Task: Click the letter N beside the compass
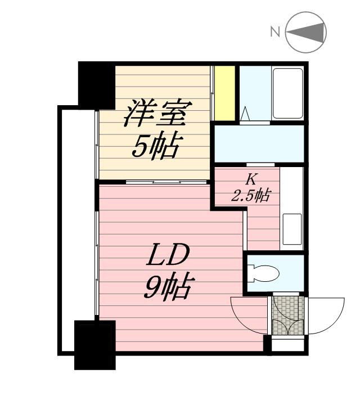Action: tap(275, 31)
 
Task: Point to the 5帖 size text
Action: tap(155, 147)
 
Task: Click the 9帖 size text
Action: tap(167, 288)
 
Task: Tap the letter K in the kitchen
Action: tap(251, 180)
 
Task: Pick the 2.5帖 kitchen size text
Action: tap(251, 196)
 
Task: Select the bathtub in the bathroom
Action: tap(288, 93)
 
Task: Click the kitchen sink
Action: tap(291, 228)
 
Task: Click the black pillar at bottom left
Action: tap(94, 344)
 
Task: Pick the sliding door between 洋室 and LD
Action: tap(153, 182)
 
